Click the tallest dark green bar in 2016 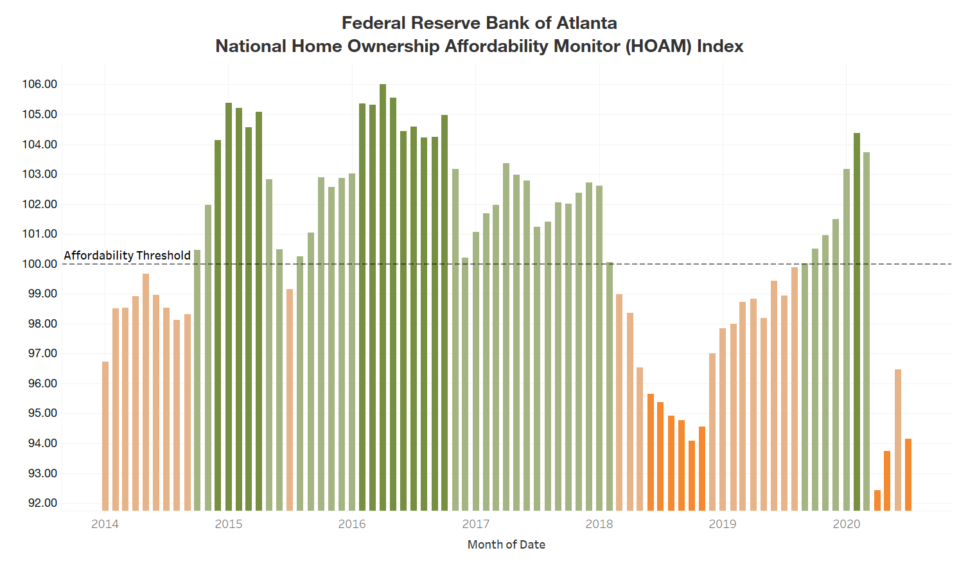point(383,295)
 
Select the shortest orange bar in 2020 point(877,500)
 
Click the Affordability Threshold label point(127,255)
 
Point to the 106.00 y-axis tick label point(39,84)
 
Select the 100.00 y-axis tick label point(39,264)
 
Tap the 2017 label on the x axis point(476,524)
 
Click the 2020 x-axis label point(847,524)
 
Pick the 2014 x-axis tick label point(105,524)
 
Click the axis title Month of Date point(506,545)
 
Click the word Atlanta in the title point(586,23)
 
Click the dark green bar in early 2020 point(857,321)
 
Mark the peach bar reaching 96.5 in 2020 point(898,440)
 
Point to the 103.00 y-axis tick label point(39,174)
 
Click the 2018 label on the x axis point(599,524)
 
